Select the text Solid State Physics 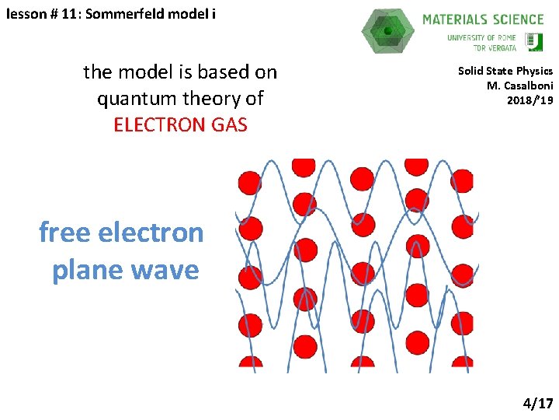(x=505, y=71)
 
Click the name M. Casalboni (x=519, y=86)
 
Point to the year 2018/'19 (x=529, y=100)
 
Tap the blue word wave (x=165, y=270)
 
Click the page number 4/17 (x=538, y=403)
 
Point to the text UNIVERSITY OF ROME (x=481, y=37)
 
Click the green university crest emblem (x=535, y=41)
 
